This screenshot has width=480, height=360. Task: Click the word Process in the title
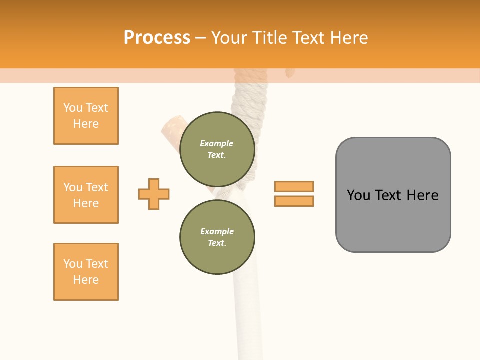157,38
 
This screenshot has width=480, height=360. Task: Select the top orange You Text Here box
86,116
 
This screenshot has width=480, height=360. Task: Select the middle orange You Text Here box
86,195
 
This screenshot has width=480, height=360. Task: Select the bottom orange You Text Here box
86,272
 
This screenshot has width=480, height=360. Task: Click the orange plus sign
154,194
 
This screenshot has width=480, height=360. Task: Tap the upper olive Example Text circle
217,149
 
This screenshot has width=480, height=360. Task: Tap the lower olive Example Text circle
217,237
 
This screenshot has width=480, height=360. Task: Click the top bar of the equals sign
294,186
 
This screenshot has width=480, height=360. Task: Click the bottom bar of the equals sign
294,201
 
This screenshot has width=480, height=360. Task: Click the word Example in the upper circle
217,143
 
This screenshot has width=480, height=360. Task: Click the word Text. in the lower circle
217,243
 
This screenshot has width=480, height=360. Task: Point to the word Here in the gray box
422,195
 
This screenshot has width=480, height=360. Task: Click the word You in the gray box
359,195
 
